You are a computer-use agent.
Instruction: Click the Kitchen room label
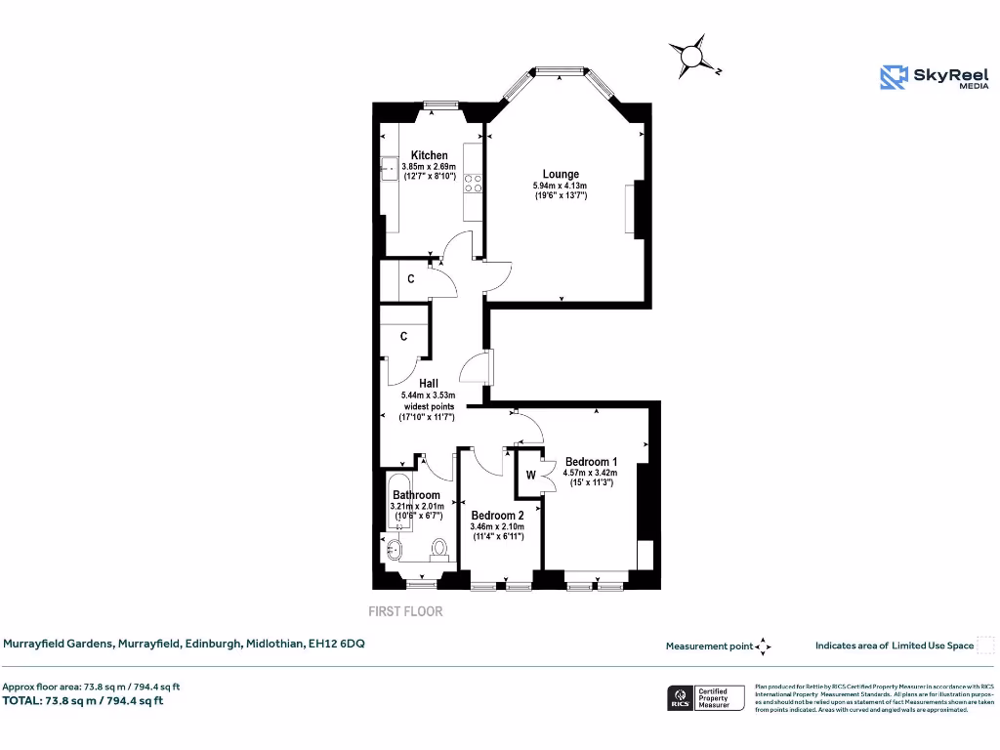(429, 155)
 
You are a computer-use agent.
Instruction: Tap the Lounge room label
(561, 175)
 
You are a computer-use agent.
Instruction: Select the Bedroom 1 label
(591, 462)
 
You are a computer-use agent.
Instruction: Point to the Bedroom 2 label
(497, 515)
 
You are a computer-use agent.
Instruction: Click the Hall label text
(428, 384)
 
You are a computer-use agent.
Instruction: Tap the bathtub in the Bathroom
(398, 500)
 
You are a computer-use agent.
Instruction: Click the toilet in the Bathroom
(439, 548)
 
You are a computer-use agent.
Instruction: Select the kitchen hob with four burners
(474, 184)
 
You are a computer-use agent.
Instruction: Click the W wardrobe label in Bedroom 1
(531, 476)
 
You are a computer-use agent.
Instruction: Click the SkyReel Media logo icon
(894, 77)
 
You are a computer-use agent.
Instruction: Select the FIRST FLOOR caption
(405, 612)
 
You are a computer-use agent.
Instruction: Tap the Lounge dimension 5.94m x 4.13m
(560, 186)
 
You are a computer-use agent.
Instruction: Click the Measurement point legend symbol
(764, 646)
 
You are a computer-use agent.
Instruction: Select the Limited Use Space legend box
(985, 646)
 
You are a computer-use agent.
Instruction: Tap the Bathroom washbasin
(394, 550)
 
